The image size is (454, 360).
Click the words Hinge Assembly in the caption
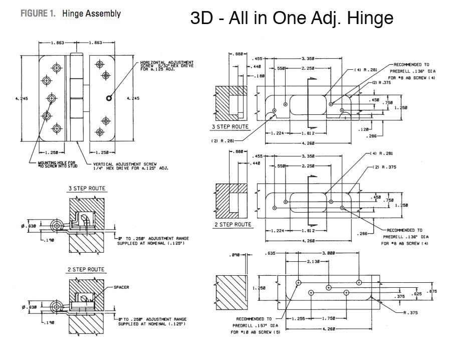pos(91,14)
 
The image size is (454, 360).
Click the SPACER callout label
pos(121,287)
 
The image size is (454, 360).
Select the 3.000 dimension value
pos(328,253)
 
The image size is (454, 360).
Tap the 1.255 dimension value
pos(298,318)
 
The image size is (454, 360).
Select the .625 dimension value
pos(415,294)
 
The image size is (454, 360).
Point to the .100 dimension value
pos(259,76)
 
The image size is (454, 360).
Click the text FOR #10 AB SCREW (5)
pos(255,332)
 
